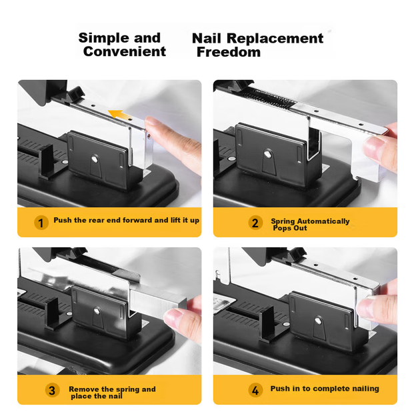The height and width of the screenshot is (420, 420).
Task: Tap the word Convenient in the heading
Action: point(125,51)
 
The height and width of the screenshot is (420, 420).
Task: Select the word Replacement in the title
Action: point(275,38)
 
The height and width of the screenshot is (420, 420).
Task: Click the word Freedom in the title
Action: point(229,52)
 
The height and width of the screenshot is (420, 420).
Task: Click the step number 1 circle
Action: point(41,223)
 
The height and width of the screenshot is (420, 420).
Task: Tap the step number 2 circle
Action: point(255,223)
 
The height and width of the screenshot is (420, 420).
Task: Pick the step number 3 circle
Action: point(52,390)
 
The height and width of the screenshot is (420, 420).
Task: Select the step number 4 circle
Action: point(255,390)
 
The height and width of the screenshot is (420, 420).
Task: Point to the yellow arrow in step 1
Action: point(119,115)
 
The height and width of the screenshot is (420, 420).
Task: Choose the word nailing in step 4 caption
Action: point(366,389)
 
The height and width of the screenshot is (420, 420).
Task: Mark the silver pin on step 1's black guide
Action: point(95,159)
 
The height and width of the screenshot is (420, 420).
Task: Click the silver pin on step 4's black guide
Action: point(318,321)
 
